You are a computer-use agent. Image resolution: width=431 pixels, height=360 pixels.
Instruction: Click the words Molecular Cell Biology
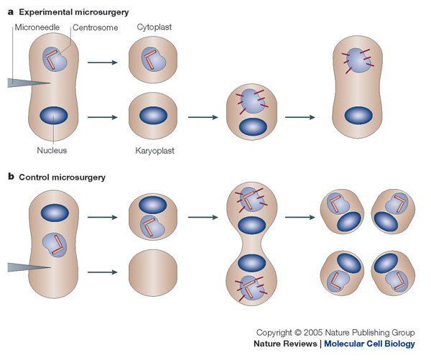pos(369,344)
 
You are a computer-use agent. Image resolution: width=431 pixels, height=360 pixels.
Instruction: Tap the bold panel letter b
pos(11,175)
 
